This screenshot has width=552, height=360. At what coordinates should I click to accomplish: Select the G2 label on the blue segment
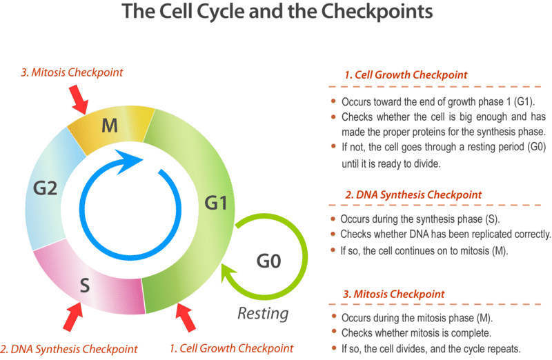pos(45,187)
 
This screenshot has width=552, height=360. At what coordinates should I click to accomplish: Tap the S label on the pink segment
pos(85,285)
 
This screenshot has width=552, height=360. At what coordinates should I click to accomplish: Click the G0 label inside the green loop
pos(269,261)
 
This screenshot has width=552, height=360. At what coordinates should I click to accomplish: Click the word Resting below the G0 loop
pos(262,314)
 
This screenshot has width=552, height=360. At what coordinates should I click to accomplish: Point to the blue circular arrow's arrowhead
pos(132,164)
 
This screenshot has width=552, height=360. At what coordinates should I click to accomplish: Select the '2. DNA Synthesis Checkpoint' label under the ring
pos(69,348)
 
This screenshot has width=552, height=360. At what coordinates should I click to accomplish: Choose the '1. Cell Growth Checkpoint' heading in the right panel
pos(406,74)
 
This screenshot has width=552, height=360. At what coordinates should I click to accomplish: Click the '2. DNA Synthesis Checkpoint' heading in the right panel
pos(413,194)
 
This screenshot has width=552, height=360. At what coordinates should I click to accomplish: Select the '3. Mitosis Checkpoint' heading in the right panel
pos(395,294)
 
